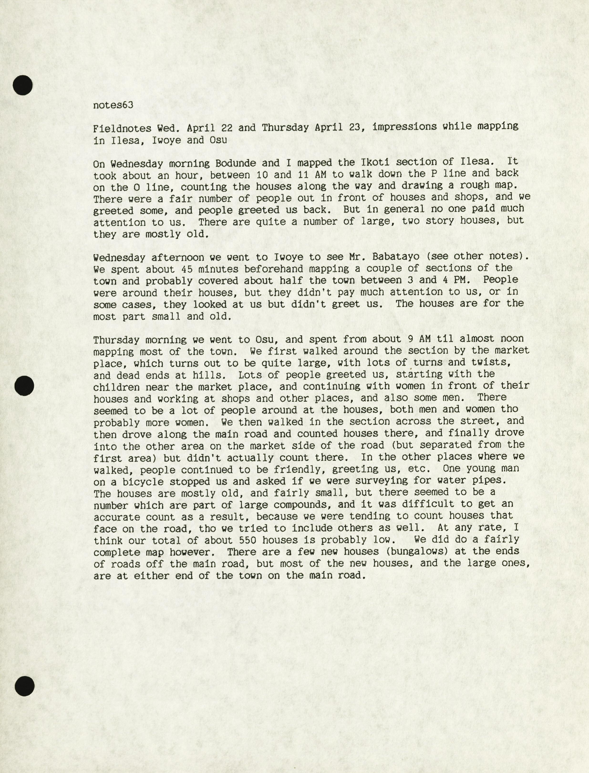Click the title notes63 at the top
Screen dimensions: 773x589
pyautogui.click(x=113, y=105)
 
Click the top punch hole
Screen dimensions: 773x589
pyautogui.click(x=23, y=85)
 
